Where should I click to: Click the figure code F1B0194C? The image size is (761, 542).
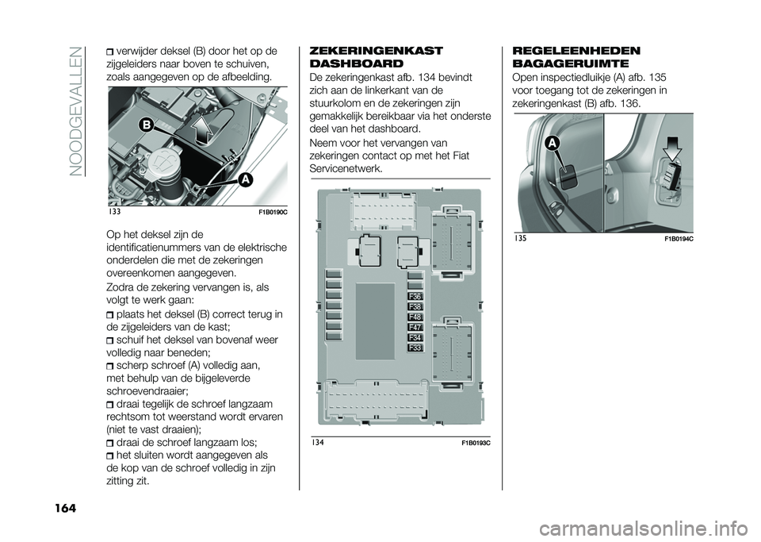(x=672, y=237)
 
